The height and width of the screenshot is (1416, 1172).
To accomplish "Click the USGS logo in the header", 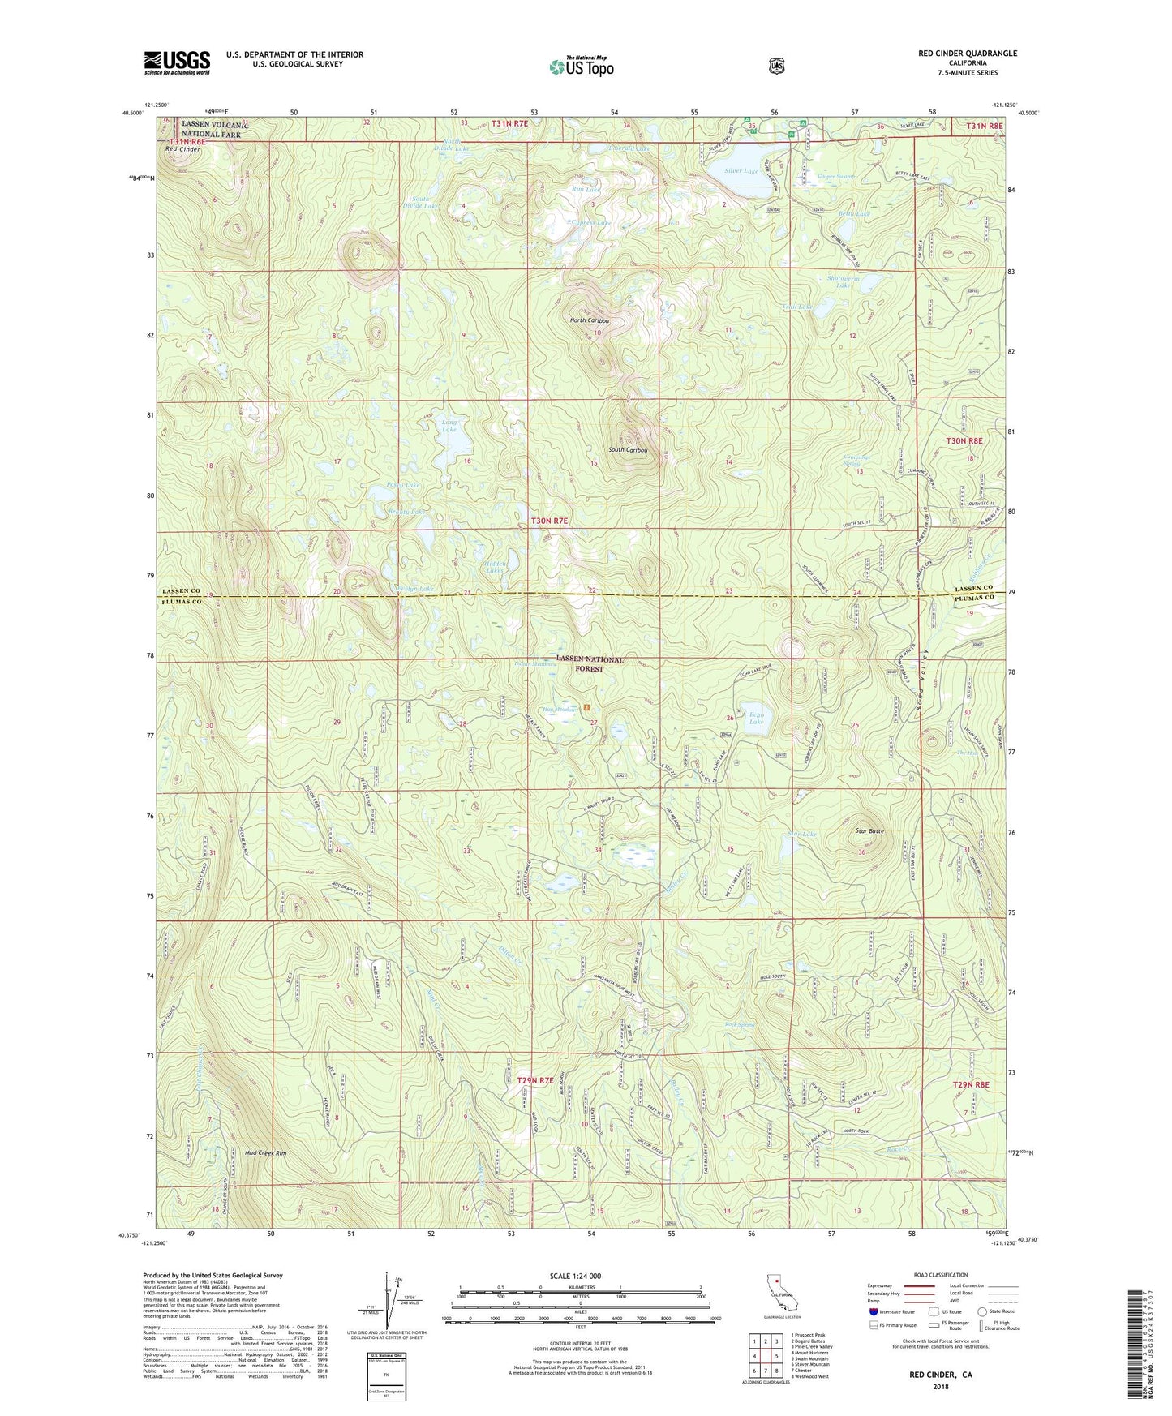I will point(177,62).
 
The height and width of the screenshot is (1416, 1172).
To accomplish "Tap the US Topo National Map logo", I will point(581,66).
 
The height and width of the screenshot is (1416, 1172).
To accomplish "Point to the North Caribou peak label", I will point(590,320).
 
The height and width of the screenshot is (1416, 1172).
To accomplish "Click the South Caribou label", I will point(628,449).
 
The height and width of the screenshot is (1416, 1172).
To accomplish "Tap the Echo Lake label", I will point(756,718).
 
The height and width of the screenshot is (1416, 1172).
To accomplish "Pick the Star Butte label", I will point(869,831).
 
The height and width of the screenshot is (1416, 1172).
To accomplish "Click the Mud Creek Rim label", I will point(265,1152).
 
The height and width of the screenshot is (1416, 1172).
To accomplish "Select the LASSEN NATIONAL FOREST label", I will point(590,664).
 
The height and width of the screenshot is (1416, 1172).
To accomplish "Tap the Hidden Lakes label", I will point(495,567).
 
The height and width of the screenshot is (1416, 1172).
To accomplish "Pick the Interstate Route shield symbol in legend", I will point(874,1311).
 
